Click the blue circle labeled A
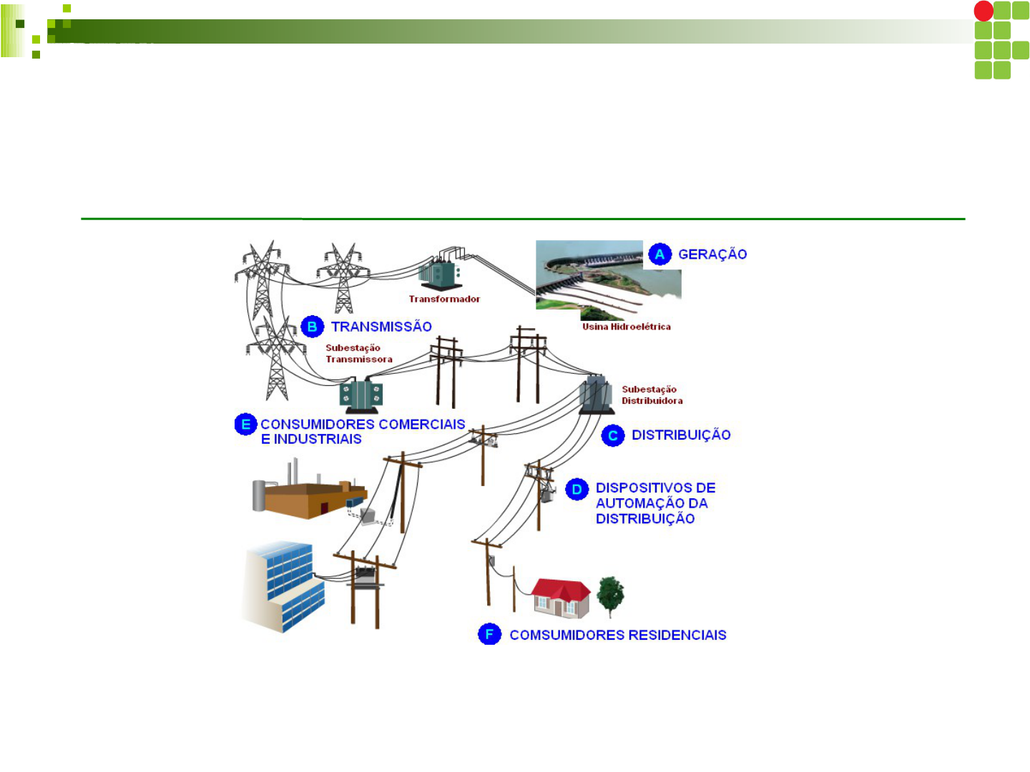tap(659, 254)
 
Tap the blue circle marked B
tap(312, 327)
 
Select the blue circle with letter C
tap(613, 435)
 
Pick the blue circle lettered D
tap(577, 490)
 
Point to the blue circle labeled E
tap(245, 425)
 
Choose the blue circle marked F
tap(489, 634)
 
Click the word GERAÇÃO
tap(712, 254)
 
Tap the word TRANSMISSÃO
tap(381, 327)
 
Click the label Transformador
tap(444, 299)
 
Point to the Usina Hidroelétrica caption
tap(627, 327)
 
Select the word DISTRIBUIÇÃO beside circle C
tap(681, 435)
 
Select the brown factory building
tap(308, 497)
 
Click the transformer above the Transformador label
tap(439, 272)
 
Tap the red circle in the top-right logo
tap(984, 11)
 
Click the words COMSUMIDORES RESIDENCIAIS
tap(618, 635)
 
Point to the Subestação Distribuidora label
tap(652, 395)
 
